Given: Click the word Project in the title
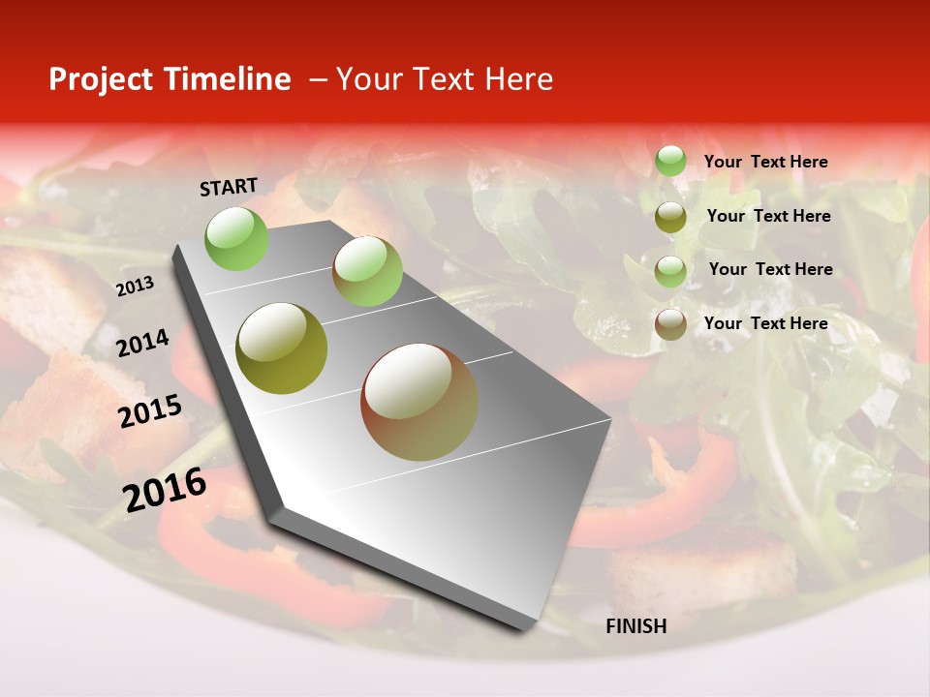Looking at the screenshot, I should [98, 80].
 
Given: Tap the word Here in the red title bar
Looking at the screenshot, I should [518, 79].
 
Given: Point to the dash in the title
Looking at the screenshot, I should [318, 79].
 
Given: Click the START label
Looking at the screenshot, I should [229, 187].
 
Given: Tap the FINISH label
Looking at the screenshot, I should [636, 626].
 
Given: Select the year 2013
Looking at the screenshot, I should [135, 287].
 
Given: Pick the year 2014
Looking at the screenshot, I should [142, 344].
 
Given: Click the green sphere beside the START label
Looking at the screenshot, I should [237, 238].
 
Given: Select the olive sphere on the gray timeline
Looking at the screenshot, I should [281, 348].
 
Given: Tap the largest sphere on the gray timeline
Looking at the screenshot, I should [419, 402].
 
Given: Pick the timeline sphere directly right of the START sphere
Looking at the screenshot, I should [367, 271].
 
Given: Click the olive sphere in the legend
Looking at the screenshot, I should [670, 217].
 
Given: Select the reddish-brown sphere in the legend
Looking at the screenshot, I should [670, 324].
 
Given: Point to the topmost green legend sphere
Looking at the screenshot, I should [670, 161].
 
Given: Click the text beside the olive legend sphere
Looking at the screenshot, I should [768, 216].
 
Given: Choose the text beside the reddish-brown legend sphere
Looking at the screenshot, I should [765, 323].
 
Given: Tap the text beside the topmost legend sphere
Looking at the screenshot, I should [765, 162].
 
